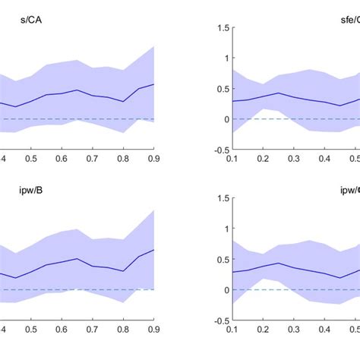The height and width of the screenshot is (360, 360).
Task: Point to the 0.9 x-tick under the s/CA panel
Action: click(x=153, y=158)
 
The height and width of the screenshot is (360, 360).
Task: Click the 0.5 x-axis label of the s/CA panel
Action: click(x=30, y=158)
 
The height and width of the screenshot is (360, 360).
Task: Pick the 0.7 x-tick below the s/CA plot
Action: click(x=92, y=158)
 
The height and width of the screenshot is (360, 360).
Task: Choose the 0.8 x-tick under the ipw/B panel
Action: click(x=122, y=329)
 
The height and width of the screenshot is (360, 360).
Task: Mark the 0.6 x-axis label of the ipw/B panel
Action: click(x=61, y=329)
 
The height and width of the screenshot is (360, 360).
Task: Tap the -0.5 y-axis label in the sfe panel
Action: click(x=218, y=150)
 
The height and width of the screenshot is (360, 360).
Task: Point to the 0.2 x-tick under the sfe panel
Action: click(x=263, y=158)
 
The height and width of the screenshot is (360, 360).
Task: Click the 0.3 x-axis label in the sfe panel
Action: click(x=293, y=158)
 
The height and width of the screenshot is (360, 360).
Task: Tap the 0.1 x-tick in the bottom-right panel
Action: click(x=232, y=329)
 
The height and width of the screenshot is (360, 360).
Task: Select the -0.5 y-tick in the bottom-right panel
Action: click(x=218, y=321)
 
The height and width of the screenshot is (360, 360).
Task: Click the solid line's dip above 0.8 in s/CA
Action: click(x=123, y=101)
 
